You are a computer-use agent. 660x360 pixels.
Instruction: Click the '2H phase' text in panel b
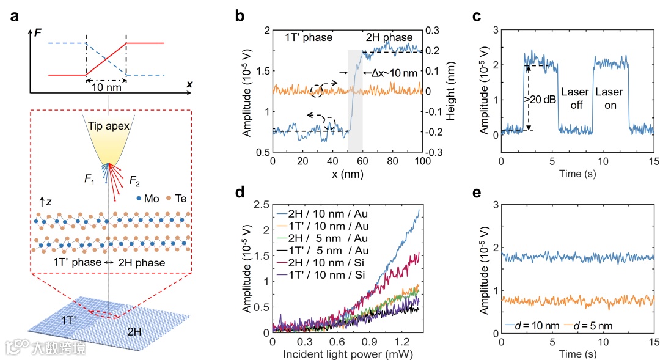coord(389,38)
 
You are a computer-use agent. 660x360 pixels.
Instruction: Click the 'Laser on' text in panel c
coord(609,98)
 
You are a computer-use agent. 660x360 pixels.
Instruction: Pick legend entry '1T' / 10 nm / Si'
coord(324,274)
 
